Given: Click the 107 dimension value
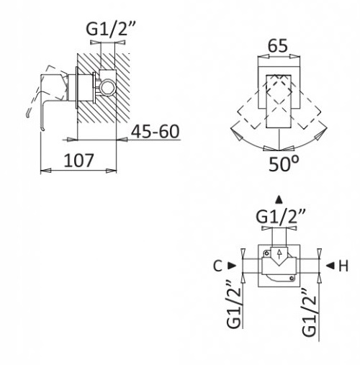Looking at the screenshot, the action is click(x=78, y=161).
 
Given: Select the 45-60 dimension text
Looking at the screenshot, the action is click(x=156, y=132).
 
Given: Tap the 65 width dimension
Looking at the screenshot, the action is click(x=278, y=45).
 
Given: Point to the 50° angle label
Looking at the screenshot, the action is click(x=284, y=163).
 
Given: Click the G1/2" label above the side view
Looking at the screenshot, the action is click(x=111, y=28).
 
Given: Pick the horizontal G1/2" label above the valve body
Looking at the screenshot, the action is click(x=281, y=216).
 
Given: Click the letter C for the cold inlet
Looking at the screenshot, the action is click(x=218, y=266).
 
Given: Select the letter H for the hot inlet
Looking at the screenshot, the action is click(x=343, y=266).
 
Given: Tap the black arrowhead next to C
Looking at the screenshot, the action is click(x=232, y=266).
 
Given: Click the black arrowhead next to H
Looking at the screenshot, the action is click(x=330, y=266).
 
